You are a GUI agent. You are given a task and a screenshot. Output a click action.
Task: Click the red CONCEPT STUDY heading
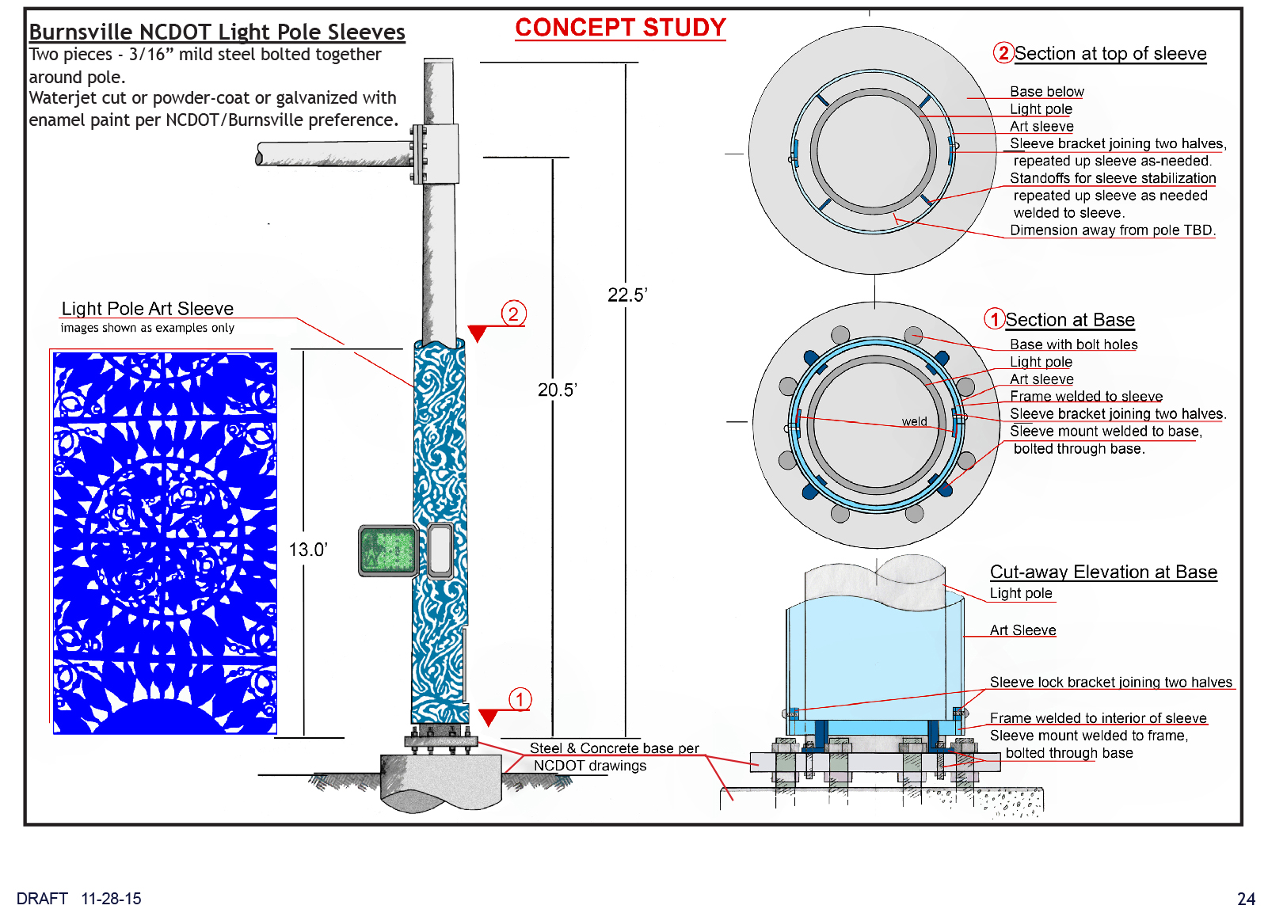click(x=620, y=28)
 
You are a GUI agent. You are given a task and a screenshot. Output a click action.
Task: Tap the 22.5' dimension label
click(x=627, y=295)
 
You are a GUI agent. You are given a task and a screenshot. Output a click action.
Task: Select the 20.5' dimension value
click(x=558, y=390)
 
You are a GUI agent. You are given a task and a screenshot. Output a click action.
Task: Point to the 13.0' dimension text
click(x=308, y=550)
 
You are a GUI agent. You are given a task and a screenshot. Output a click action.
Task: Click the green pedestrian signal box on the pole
click(x=387, y=550)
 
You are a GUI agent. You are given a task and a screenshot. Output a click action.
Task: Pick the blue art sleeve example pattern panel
click(x=165, y=542)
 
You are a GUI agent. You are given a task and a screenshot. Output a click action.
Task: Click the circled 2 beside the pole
click(x=513, y=314)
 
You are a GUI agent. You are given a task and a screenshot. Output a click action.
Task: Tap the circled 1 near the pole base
click(x=520, y=699)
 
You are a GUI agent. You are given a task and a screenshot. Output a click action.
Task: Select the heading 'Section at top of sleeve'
click(x=1110, y=54)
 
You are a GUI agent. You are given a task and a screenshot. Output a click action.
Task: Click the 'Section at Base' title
click(x=1070, y=320)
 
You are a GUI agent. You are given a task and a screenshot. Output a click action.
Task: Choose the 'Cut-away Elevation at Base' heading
click(x=1103, y=572)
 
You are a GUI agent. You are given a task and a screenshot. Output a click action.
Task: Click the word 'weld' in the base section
click(x=914, y=421)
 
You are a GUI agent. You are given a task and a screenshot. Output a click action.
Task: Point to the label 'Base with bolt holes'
click(x=1073, y=344)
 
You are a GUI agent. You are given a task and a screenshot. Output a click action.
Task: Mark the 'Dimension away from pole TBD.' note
click(x=1112, y=230)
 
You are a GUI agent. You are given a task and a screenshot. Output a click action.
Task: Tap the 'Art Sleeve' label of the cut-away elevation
click(x=1022, y=630)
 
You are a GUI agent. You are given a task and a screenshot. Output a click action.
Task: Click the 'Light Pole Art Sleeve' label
click(x=147, y=309)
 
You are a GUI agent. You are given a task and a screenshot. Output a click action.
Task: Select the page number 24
click(x=1246, y=899)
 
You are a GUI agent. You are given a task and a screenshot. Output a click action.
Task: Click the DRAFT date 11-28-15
click(x=111, y=899)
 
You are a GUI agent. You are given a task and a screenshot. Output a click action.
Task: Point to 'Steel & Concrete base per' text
click(x=614, y=748)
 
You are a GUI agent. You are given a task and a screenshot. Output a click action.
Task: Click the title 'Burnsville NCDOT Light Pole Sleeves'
click(x=217, y=32)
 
